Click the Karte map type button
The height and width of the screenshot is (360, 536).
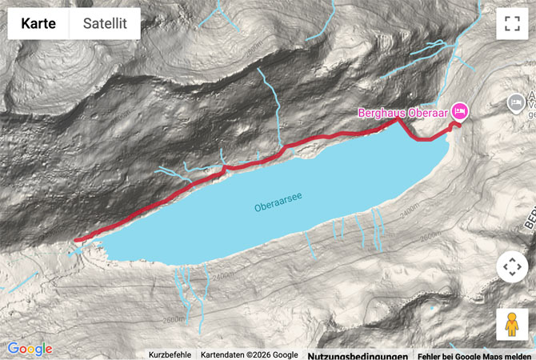38,24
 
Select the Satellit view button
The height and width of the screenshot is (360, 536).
105,24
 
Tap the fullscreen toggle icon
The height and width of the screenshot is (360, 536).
512,24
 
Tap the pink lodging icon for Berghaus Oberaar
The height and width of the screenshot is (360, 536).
460,110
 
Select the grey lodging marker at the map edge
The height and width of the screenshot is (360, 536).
516,102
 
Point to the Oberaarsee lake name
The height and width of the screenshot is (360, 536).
278,207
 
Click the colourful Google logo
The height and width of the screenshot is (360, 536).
30,349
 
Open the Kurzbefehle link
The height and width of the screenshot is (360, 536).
170,355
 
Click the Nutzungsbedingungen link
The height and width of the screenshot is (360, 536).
358,355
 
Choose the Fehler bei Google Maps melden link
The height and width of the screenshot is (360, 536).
474,355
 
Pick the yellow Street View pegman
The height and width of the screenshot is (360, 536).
512,325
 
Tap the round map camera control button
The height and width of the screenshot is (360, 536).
512,267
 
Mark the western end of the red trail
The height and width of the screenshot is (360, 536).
76,239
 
